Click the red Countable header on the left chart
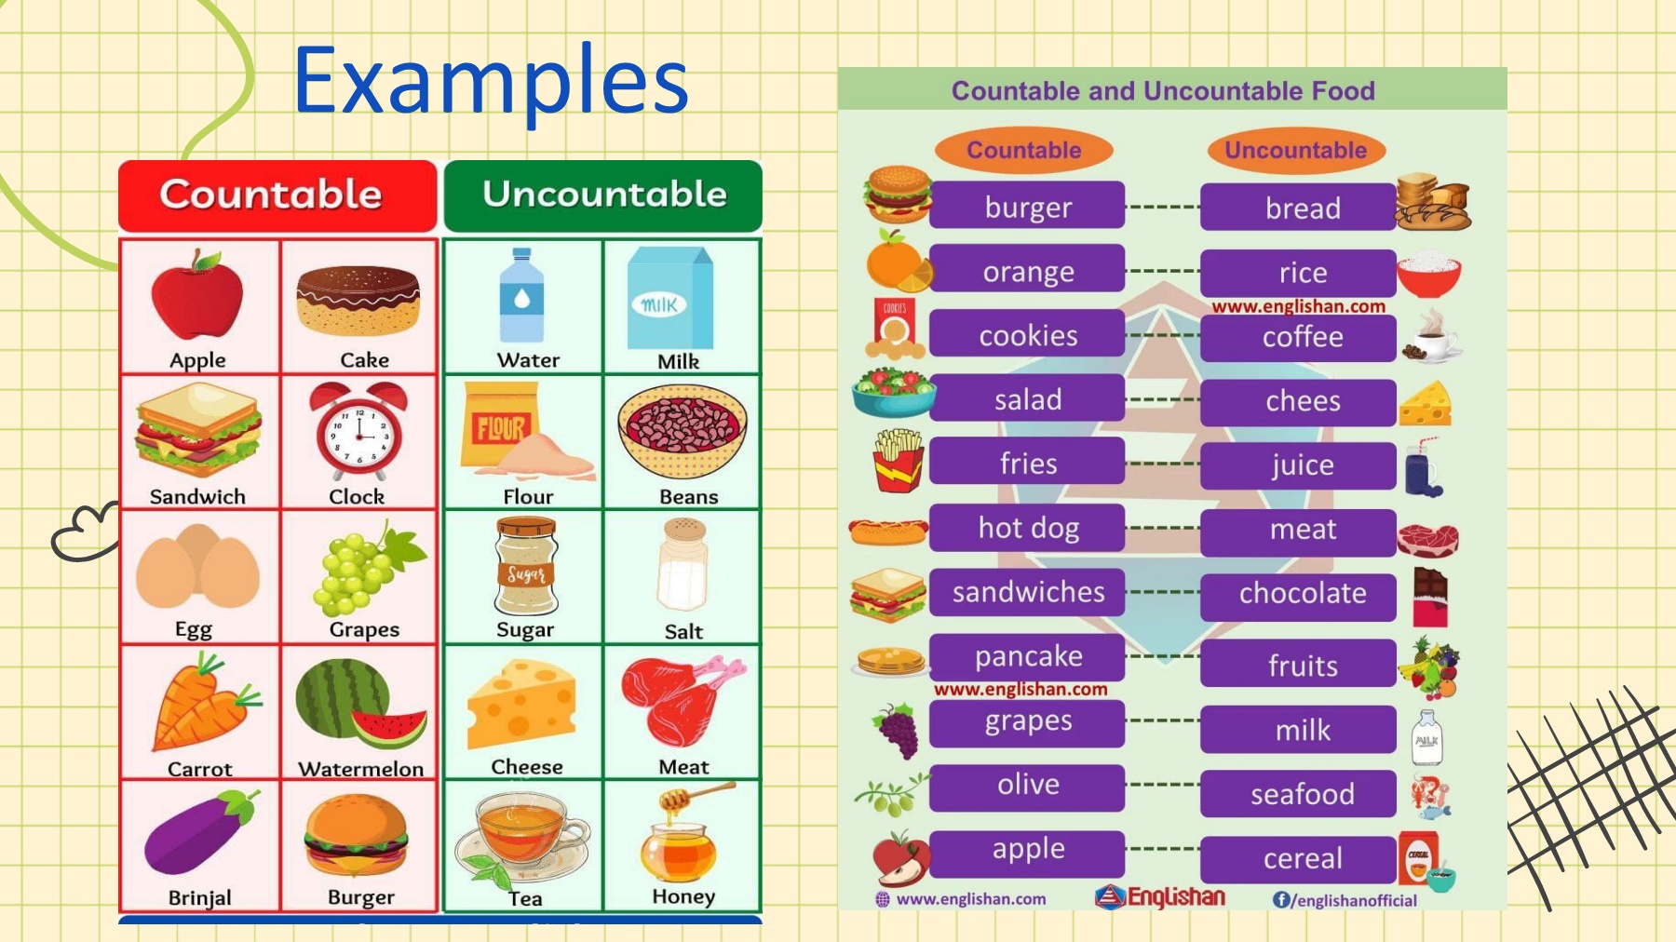tap(277, 195)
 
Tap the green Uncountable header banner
tap(603, 195)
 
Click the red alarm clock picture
tap(359, 430)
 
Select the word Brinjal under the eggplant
tap(200, 897)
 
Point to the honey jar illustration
tap(680, 834)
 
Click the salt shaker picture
tap(683, 565)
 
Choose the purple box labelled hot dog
tap(1027, 529)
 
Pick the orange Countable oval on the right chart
tap(1024, 150)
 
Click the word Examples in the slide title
tap(491, 82)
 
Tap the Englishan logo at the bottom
tap(1160, 897)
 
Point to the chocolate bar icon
tap(1431, 597)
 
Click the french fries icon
tap(899, 460)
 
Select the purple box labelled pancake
tap(1027, 657)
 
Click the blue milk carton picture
tap(670, 298)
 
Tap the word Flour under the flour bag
tap(528, 497)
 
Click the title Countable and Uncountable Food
tap(1163, 91)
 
